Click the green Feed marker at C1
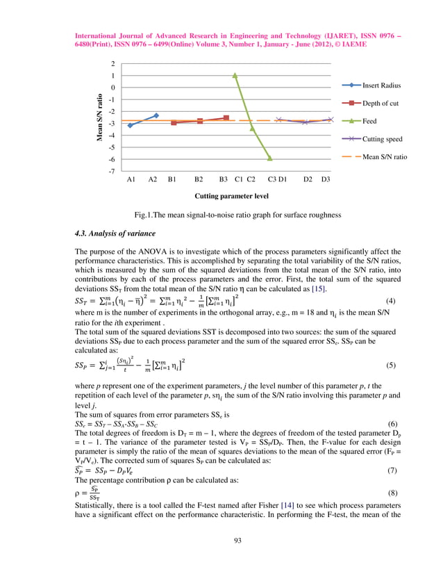coord(235,75)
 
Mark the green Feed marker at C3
coord(270,158)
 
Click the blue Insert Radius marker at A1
coord(131,125)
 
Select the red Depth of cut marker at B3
coord(226,118)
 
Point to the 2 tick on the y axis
coord(112,63)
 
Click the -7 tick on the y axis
coord(111,171)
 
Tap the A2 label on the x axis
coord(153,180)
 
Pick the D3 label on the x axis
coord(324,180)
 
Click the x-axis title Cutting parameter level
coord(232,197)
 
